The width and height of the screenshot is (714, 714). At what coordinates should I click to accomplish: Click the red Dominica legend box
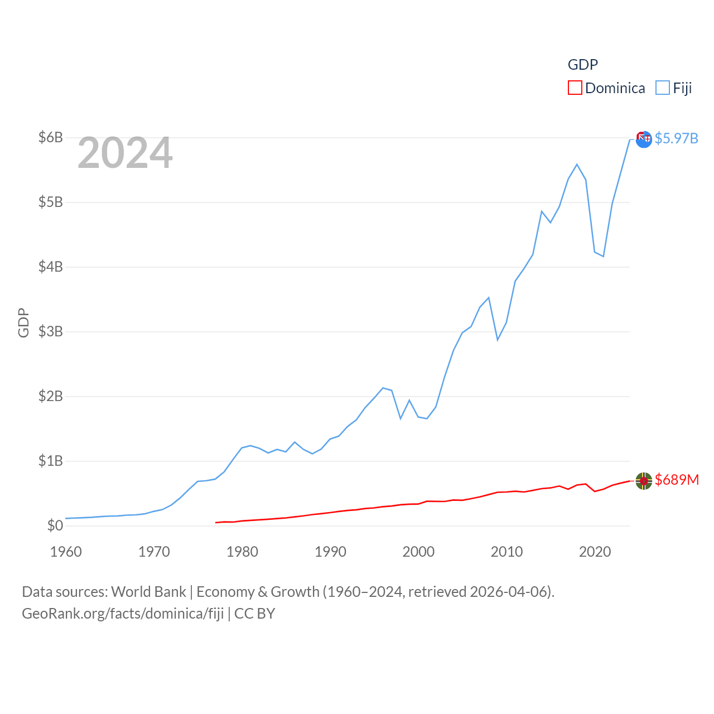click(575, 88)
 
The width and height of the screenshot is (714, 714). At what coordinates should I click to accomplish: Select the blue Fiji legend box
click(663, 88)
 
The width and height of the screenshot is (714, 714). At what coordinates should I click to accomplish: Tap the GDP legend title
click(583, 65)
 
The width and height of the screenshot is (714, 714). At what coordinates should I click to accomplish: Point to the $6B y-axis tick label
click(50, 137)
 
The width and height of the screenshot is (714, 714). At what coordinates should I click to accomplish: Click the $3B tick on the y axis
click(50, 331)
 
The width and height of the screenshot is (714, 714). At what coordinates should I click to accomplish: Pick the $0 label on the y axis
click(55, 525)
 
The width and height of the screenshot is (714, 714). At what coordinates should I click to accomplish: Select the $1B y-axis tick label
click(50, 461)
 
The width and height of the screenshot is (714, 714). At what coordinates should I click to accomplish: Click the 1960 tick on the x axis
click(66, 552)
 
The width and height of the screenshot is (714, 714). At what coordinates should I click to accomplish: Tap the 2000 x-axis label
click(418, 552)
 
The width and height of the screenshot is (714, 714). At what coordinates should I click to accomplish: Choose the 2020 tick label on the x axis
click(595, 552)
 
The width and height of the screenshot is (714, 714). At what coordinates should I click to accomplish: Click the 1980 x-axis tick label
click(242, 552)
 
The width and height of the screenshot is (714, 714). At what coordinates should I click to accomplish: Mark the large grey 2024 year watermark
click(125, 153)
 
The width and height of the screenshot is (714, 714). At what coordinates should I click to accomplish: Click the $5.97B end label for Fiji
click(677, 138)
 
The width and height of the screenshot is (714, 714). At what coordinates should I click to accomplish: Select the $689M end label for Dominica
click(677, 480)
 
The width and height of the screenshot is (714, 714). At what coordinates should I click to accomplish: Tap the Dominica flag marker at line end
click(644, 481)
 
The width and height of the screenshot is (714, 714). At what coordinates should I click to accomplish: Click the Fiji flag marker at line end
click(644, 139)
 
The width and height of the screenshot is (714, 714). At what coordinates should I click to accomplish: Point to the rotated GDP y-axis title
click(23, 322)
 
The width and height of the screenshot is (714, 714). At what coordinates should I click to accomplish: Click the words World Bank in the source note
click(148, 592)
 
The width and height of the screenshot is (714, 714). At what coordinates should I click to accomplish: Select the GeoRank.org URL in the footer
click(123, 614)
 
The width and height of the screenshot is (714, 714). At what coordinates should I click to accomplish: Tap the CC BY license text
click(254, 614)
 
